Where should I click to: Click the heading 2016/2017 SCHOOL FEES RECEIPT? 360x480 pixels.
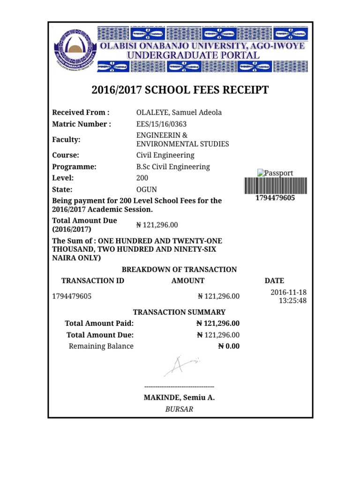click(180, 90)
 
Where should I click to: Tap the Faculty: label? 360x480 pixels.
click(66, 140)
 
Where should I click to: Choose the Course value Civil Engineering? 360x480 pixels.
click(165, 155)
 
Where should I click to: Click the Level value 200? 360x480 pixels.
click(142, 178)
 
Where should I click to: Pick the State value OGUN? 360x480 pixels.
click(146, 190)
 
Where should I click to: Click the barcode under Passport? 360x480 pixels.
click(275, 186)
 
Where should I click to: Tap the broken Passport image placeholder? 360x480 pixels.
click(275, 173)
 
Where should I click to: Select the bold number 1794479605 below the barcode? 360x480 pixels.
click(275, 198)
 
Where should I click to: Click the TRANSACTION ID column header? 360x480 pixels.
click(93, 281)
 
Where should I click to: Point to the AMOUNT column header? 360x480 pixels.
click(188, 281)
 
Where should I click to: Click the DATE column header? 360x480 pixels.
click(274, 281)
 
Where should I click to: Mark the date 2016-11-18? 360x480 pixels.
click(288, 292)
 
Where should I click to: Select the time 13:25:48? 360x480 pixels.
click(292, 300)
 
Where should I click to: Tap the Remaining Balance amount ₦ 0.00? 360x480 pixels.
click(229, 346)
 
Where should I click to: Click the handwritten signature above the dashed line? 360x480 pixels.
click(180, 365)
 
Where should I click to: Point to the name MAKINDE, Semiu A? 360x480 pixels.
click(179, 397)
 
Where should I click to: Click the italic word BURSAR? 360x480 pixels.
click(179, 409)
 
